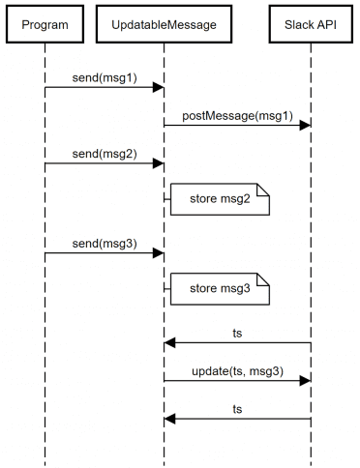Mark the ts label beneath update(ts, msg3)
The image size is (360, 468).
click(x=237, y=408)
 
